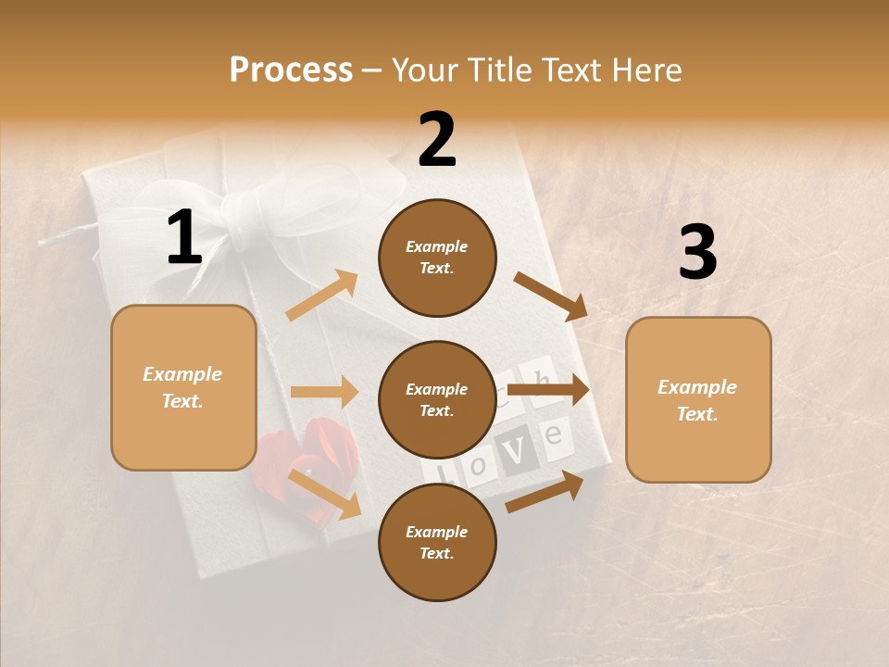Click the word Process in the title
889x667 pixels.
[x=291, y=69]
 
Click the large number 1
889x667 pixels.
[x=184, y=238]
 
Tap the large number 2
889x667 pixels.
[x=437, y=140]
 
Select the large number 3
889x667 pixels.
[x=697, y=252]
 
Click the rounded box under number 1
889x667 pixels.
[x=183, y=387]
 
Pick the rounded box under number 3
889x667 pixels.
[x=698, y=399]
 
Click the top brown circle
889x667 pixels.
[x=437, y=258]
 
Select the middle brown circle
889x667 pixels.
[x=437, y=399]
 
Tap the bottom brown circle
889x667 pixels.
[x=437, y=542]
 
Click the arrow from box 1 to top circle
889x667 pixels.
[x=322, y=295]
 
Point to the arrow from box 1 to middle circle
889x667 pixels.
[x=324, y=392]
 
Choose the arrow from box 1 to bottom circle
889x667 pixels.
[x=324, y=493]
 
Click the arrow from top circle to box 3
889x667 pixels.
[x=551, y=296]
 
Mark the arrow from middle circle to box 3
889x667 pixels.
[x=548, y=389]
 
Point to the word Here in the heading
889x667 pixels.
[x=645, y=69]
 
